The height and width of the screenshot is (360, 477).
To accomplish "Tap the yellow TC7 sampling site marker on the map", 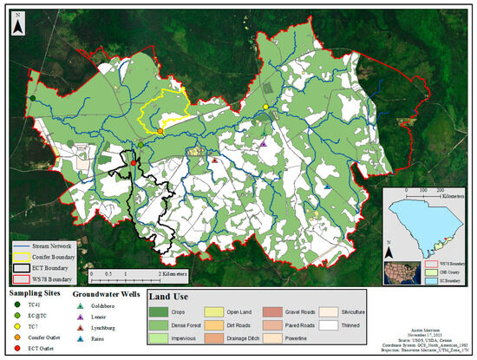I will click(x=266, y=107).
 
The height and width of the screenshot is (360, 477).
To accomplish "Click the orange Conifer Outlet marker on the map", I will click(x=160, y=132).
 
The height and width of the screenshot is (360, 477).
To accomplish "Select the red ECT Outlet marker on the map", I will click(x=134, y=161).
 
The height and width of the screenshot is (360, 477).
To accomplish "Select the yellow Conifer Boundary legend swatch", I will click(x=23, y=258).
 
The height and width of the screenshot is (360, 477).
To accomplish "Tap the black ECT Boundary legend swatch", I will click(x=23, y=268).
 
